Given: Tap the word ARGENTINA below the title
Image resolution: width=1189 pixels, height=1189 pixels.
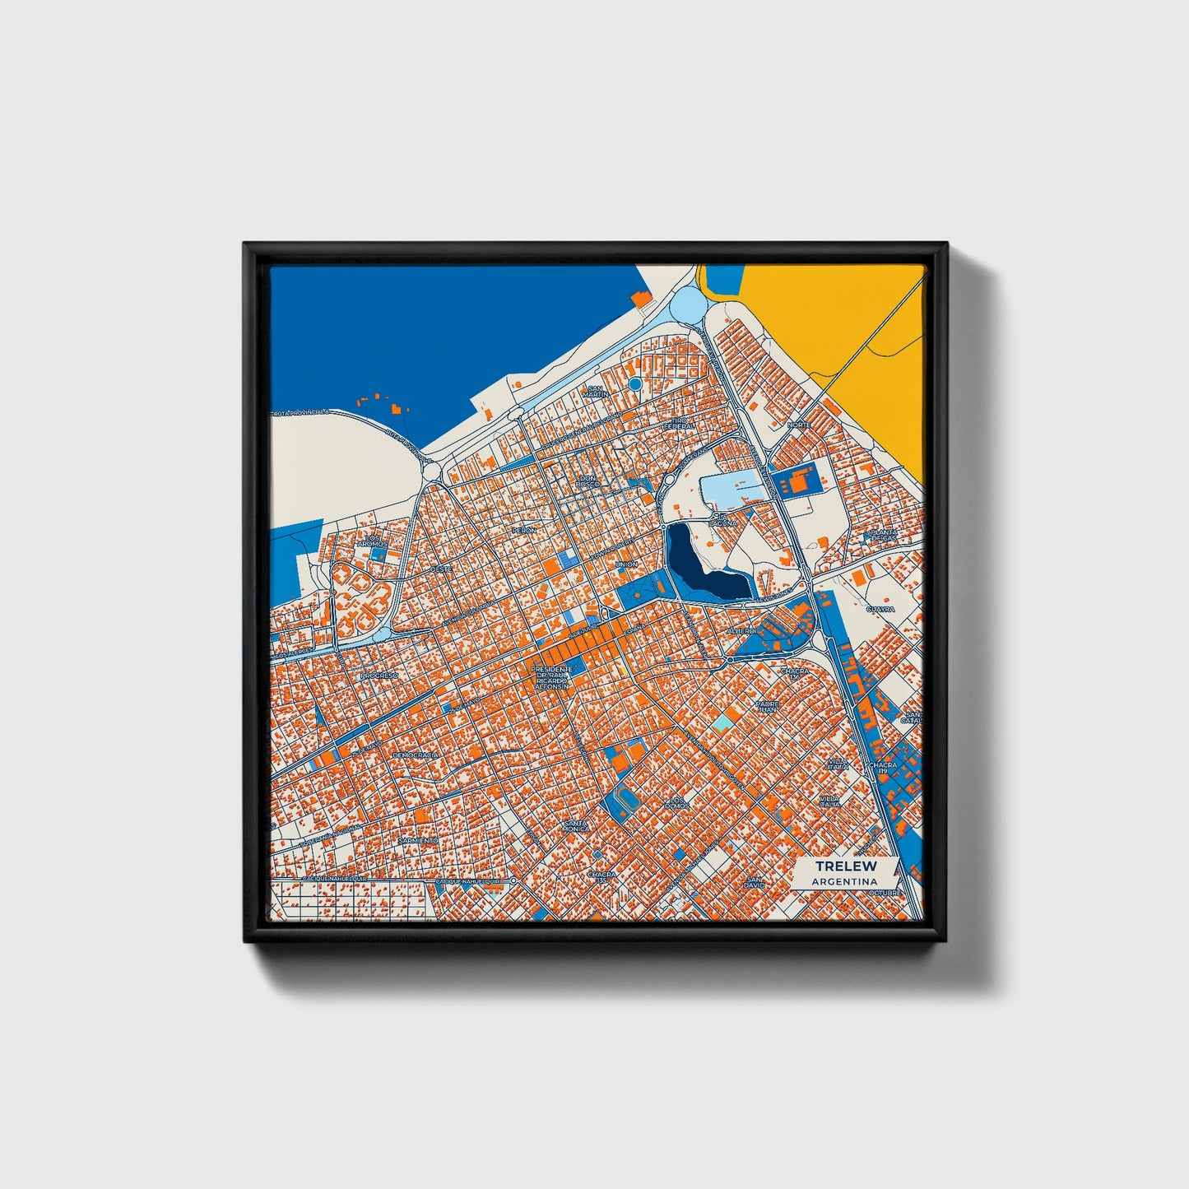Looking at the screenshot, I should pyautogui.click(x=844, y=881).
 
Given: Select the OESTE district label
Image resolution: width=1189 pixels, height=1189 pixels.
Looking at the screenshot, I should pyautogui.click(x=441, y=568).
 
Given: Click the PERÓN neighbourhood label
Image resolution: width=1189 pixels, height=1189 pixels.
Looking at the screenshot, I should pyautogui.click(x=524, y=530).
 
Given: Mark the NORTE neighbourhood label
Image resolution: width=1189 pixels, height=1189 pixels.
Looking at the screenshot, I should pyautogui.click(x=798, y=425).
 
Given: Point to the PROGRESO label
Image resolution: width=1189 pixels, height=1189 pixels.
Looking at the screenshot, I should pyautogui.click(x=378, y=675).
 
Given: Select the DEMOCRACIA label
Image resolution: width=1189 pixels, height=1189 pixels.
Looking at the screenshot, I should pyautogui.click(x=415, y=754).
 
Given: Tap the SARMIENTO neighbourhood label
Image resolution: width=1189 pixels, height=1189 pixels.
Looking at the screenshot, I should pyautogui.click(x=413, y=840).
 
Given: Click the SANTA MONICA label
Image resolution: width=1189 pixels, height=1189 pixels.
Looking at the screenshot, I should pyautogui.click(x=576, y=825).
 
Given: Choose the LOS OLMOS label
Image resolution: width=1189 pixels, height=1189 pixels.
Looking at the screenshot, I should pyautogui.click(x=677, y=801).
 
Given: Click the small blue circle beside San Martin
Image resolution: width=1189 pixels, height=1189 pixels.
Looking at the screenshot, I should pyautogui.click(x=634, y=383).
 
